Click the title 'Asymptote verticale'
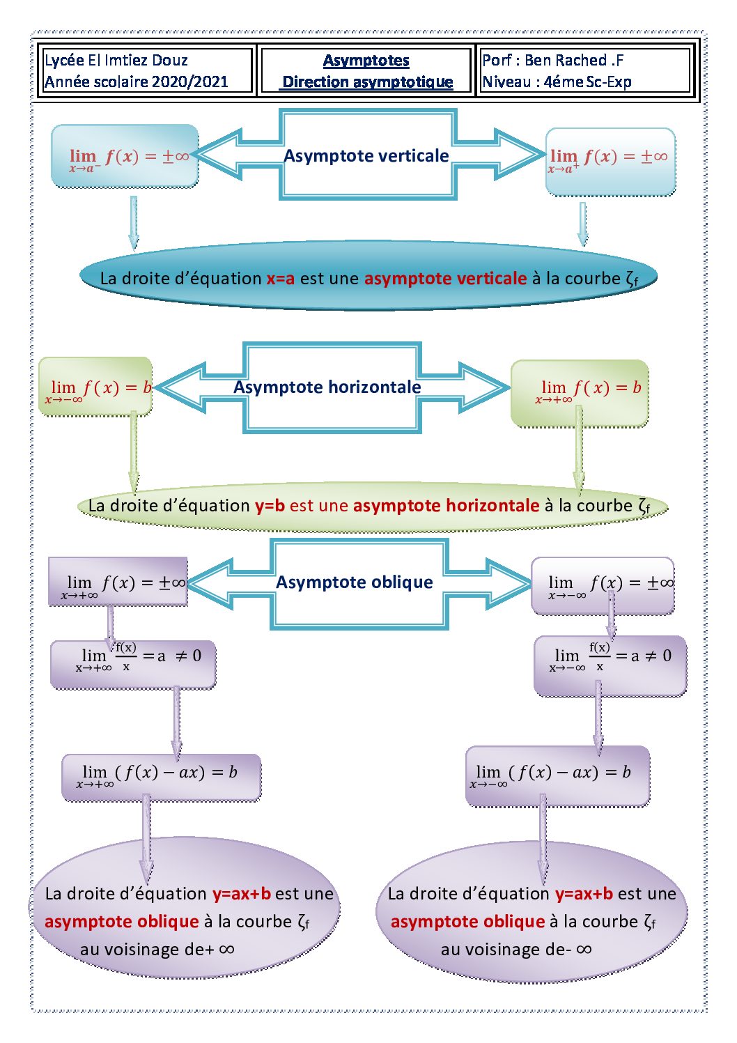tap(366, 155)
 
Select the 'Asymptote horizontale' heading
tap(327, 387)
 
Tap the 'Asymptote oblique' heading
tap(354, 582)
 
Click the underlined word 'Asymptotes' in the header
tap(366, 61)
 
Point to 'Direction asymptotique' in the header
tap(367, 82)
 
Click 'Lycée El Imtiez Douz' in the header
tap(116, 61)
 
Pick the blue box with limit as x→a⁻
tap(125, 157)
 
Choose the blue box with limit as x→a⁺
tap(610, 161)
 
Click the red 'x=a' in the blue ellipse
tap(280, 279)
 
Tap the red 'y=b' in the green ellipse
tap(270, 506)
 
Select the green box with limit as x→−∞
tap(95, 387)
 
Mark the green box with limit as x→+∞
tap(580, 392)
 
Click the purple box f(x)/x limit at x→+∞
tap(133, 665)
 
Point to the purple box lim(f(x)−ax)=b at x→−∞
tap(557, 775)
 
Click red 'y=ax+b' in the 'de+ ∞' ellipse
tap(241, 894)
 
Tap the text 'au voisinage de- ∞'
tap(515, 950)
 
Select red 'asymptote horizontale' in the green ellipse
tap(446, 506)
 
